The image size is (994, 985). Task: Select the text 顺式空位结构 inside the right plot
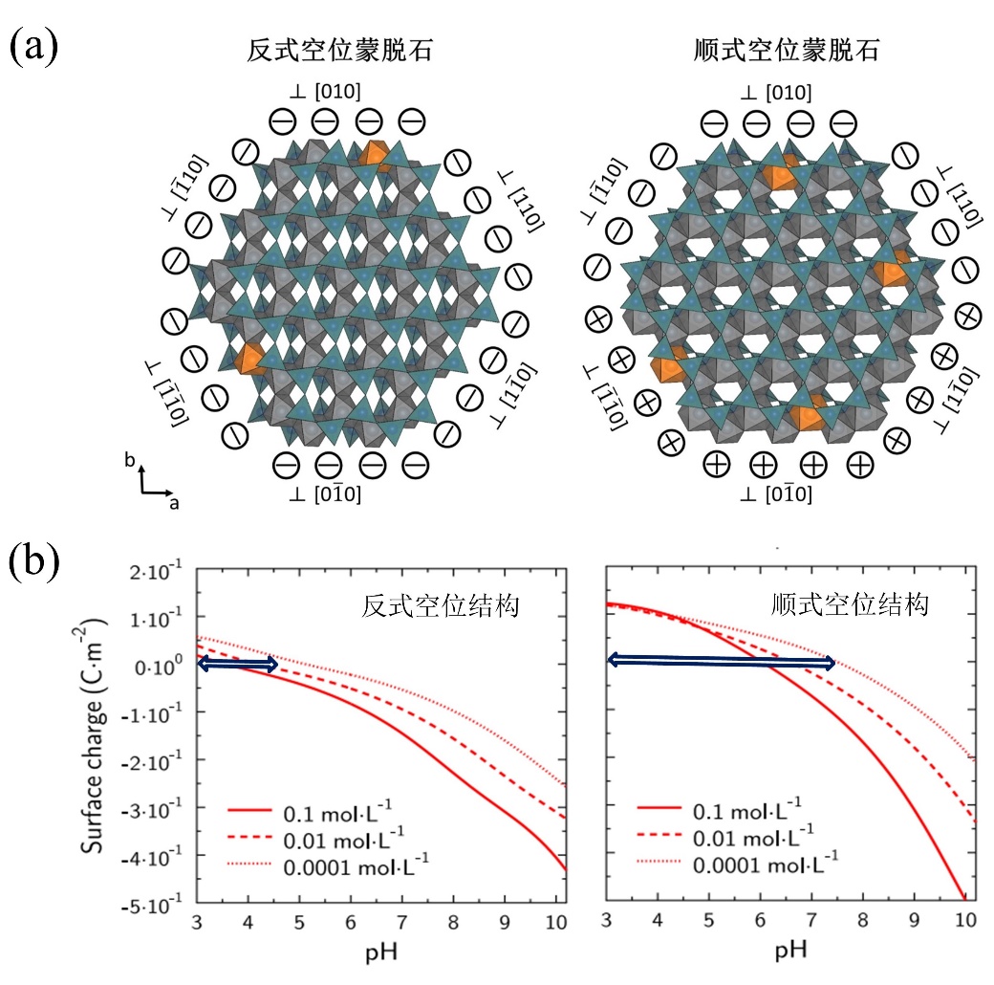click(851, 606)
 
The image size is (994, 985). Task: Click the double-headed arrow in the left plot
click(238, 664)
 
